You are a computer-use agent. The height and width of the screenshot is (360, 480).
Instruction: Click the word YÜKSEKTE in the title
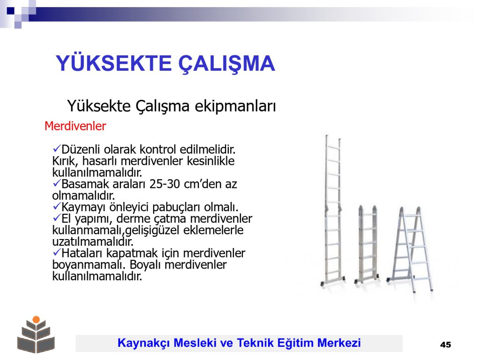click(x=113, y=63)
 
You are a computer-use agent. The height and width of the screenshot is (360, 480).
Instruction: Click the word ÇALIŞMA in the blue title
click(x=227, y=64)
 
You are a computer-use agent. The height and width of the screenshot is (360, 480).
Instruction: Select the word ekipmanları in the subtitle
click(x=235, y=106)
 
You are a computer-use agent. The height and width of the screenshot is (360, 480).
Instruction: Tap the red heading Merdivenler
click(x=75, y=126)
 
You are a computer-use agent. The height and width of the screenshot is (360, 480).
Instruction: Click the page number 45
click(x=445, y=345)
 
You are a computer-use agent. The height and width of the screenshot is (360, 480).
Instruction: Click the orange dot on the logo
click(x=36, y=320)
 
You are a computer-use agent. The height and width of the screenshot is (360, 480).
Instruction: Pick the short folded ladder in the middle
click(x=367, y=244)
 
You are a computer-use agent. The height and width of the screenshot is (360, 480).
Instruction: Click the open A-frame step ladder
click(x=410, y=249)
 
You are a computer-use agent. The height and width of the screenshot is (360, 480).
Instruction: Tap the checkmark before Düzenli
click(x=57, y=149)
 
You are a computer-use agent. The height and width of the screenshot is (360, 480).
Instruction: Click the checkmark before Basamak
click(x=57, y=183)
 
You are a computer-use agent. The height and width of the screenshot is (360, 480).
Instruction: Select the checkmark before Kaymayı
click(x=57, y=207)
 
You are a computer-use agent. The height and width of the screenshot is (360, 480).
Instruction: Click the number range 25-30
click(x=165, y=184)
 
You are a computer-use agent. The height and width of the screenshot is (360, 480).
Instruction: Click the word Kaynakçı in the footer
click(x=143, y=343)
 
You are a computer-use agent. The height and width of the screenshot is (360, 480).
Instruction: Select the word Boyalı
click(x=145, y=265)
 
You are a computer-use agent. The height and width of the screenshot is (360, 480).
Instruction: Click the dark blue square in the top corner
click(x=11, y=11)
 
